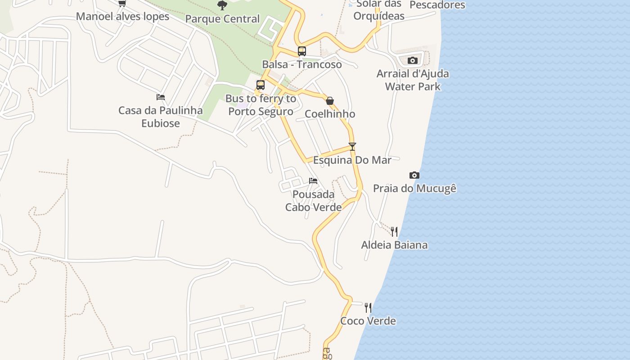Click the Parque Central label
click(222, 19)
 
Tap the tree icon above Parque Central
click(222, 5)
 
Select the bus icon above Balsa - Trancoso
click(301, 51)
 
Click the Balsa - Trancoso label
click(302, 64)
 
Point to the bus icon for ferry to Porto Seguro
click(260, 85)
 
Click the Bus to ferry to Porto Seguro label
click(261, 105)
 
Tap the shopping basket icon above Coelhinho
click(329, 101)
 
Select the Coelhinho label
click(330, 114)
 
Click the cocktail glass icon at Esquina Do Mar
click(352, 147)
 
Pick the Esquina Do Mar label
click(352, 160)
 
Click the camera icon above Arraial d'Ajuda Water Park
click(412, 60)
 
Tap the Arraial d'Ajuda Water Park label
click(413, 80)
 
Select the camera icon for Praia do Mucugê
click(414, 175)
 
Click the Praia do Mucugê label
click(414, 188)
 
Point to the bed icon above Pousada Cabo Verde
click(313, 181)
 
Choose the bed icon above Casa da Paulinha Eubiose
click(160, 97)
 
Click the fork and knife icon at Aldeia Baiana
click(394, 232)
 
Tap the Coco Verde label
click(368, 321)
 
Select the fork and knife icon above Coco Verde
click(368, 308)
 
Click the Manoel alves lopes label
click(122, 17)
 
